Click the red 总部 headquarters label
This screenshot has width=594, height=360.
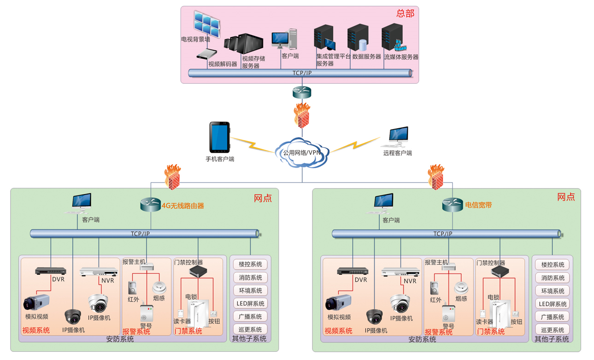click(405, 14)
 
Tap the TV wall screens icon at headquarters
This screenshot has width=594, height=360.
click(207, 23)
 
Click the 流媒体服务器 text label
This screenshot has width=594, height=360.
click(401, 57)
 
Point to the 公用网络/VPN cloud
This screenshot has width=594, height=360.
click(302, 152)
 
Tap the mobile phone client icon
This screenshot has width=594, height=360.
click(219, 137)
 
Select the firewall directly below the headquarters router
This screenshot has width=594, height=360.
click(302, 116)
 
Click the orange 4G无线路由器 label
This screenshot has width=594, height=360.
click(182, 206)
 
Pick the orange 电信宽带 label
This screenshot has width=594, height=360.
click(478, 205)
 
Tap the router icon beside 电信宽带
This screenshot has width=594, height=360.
click(453, 205)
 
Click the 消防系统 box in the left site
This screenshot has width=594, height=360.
click(250, 277)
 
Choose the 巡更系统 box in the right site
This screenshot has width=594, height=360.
click(553, 330)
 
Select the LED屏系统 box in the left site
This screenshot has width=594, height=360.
click(250, 304)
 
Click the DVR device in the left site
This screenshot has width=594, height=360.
click(51, 271)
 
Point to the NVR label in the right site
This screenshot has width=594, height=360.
click(410, 281)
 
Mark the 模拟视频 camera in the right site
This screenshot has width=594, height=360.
click(338, 303)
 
